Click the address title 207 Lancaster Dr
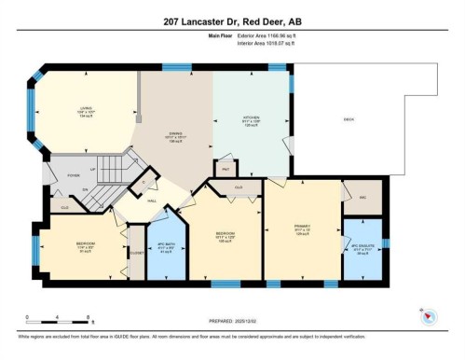[232, 21]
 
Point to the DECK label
[349, 118]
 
